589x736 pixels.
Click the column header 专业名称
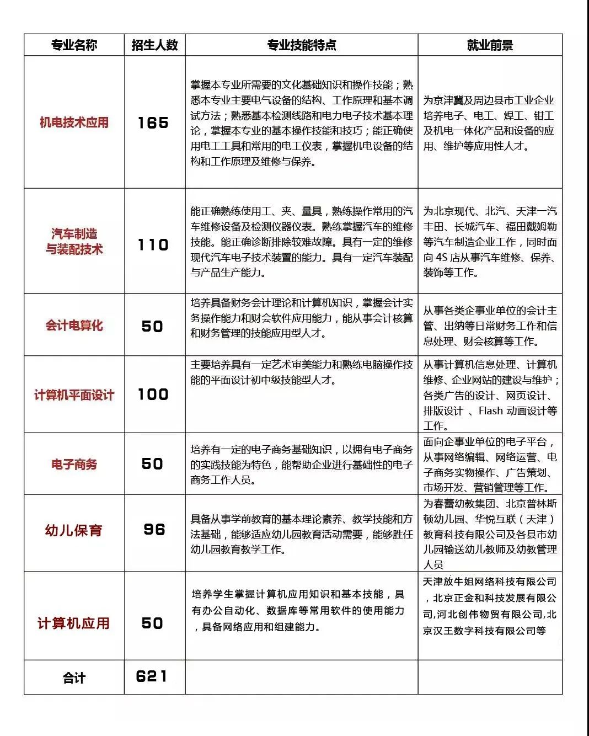74,45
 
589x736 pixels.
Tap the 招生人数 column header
154,45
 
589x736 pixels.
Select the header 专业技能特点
301,45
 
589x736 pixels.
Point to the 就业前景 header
490,45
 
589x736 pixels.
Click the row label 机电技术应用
74,122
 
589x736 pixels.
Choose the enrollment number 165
153,122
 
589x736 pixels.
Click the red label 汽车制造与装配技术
74,242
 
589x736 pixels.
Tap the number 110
153,244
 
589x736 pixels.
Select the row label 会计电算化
74,326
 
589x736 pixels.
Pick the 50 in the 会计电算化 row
153,326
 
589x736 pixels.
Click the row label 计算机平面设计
74,395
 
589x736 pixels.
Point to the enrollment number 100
153,394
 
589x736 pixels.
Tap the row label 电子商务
74,465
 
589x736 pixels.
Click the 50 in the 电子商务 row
153,464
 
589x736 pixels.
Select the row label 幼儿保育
74,531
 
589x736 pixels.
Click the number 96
154,530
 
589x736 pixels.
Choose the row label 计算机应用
73,623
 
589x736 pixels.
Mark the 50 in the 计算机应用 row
153,623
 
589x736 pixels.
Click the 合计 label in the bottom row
74,678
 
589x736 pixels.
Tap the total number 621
152,676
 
